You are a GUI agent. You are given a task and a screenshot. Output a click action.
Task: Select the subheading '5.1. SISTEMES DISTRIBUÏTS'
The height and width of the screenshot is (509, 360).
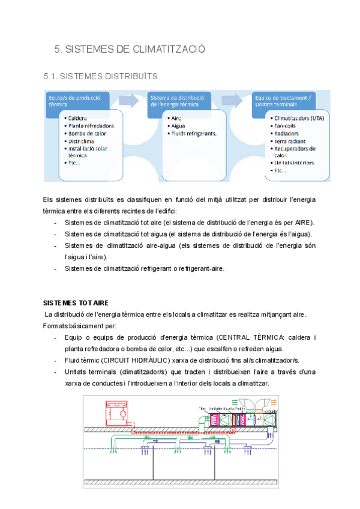[x=101, y=76]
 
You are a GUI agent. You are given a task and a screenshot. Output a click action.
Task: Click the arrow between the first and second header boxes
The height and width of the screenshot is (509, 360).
[x=127, y=100]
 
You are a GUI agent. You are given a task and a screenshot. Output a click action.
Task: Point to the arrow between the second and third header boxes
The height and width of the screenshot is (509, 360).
[x=230, y=100]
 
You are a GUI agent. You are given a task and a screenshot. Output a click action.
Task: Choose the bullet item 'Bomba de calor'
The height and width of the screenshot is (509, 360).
[x=88, y=133]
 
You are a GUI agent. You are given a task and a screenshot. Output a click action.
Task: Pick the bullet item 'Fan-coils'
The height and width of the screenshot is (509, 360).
[x=286, y=126]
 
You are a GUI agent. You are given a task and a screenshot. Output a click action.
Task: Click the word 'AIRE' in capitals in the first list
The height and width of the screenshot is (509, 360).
[x=302, y=222]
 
